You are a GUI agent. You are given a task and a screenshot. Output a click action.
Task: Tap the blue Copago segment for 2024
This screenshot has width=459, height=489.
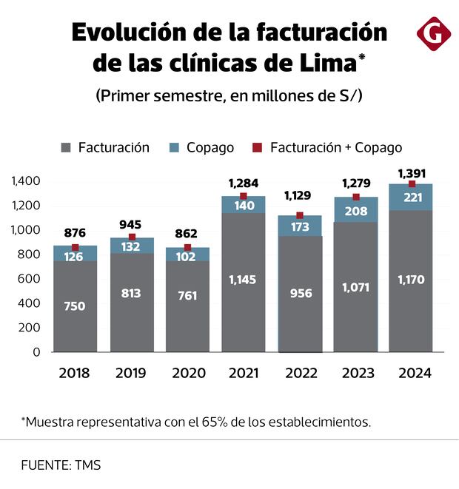(x=411, y=198)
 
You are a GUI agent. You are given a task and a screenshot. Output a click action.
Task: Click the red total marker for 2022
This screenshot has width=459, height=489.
(x=300, y=215)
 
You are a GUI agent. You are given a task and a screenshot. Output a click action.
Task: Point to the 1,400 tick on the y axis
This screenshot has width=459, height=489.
(x=25, y=181)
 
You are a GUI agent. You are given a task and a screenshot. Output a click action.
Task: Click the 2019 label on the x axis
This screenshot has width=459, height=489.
(x=131, y=374)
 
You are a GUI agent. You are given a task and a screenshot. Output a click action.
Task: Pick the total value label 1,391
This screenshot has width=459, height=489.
(x=412, y=173)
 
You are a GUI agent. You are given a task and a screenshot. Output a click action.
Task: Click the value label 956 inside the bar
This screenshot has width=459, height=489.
(x=300, y=293)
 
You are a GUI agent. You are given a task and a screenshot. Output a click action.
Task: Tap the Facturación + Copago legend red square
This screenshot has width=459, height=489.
(x=256, y=148)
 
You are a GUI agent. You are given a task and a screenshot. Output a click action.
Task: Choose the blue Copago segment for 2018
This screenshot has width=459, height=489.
(x=75, y=254)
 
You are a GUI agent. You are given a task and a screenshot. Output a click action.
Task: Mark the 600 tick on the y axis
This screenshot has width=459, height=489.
(x=27, y=279)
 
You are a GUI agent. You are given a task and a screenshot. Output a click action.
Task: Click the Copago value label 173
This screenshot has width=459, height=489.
(x=300, y=226)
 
